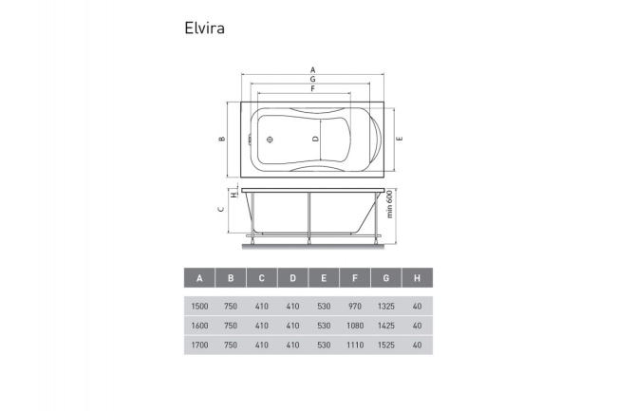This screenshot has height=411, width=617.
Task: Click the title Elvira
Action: coord(204,28)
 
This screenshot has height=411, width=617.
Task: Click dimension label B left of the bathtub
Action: coord(221,140)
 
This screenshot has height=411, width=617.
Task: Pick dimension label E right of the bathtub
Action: coord(401,140)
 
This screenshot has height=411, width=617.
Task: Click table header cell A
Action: coord(199,279)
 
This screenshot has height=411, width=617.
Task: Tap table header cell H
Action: coord(417,279)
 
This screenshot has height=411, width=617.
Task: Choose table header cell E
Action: coord(324,279)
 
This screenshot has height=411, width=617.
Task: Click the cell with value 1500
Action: coord(199,307)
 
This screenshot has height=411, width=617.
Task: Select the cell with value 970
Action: coord(355,307)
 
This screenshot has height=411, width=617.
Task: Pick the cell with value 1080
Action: coord(355,326)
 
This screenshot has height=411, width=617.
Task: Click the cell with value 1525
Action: coord(385,345)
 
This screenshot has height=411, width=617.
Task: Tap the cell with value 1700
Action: coord(199,345)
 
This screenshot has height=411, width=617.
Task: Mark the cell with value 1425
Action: coord(385,326)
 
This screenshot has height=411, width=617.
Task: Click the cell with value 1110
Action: coord(355,345)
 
